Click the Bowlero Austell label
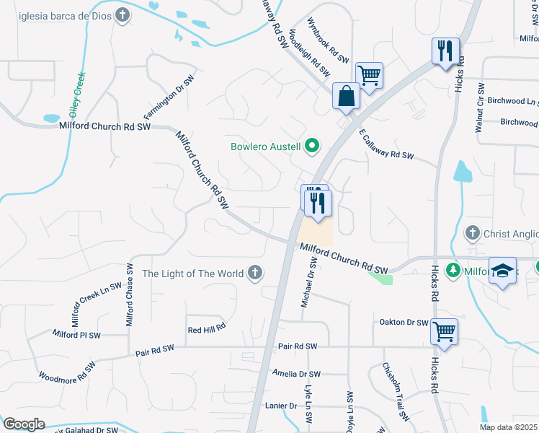(266, 146)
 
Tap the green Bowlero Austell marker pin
(312, 146)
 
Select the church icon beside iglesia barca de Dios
(122, 15)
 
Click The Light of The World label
(192, 274)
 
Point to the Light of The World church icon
(254, 274)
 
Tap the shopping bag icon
(346, 96)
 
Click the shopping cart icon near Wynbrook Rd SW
(369, 75)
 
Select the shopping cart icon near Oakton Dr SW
(445, 332)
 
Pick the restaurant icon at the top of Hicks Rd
(444, 51)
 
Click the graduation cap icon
(502, 271)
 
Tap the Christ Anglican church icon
(471, 232)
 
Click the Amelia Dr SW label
(296, 374)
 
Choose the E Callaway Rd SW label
(386, 145)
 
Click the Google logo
(24, 424)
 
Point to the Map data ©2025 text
(508, 427)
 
